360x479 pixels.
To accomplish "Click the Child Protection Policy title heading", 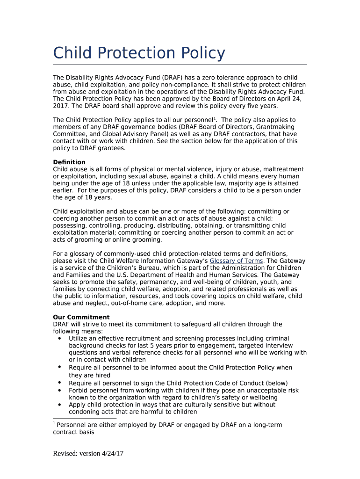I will coord(139,53).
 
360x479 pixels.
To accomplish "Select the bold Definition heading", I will coord(69,162).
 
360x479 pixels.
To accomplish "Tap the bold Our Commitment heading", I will coord(81,317).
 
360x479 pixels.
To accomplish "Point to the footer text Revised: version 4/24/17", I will coord(88,453).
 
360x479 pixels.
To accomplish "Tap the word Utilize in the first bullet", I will coord(79,338).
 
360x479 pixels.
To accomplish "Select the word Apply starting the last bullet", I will coord(77,405).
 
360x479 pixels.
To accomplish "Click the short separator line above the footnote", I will coord(85,418).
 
